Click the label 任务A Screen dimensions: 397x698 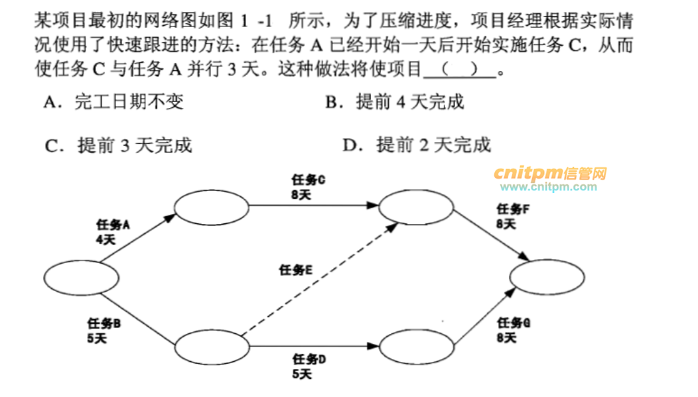tap(113, 225)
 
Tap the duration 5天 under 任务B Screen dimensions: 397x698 tap(97, 338)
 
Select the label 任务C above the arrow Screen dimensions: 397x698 tap(308, 180)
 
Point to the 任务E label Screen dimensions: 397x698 tap(296, 270)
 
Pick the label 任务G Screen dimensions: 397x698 tap(513, 323)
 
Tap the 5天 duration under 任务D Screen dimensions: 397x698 tap(302, 374)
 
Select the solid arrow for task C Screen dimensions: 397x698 tap(312, 206)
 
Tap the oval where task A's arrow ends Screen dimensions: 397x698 tap(211, 207)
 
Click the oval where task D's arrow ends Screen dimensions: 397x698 tap(415, 346)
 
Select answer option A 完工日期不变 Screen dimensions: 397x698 tap(113, 101)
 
